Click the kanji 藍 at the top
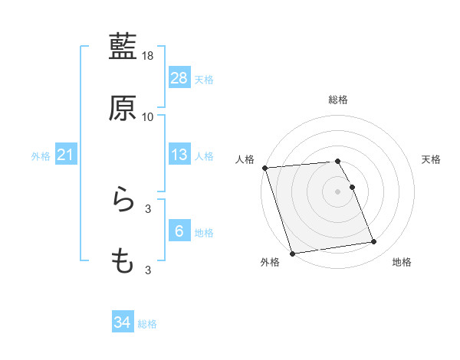[123, 47]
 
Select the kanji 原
[123, 109]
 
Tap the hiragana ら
[123, 200]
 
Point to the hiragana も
[123, 261]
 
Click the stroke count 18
[149, 56]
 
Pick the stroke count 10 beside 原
[148, 117]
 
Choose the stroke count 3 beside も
[148, 270]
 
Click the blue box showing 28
[179, 77]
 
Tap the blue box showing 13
[179, 155]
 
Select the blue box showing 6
[179, 231]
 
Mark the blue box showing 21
[66, 155]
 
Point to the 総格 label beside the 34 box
[147, 324]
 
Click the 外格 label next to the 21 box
[41, 156]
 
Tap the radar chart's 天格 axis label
[431, 159]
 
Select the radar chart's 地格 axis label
[402, 262]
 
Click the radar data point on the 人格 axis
[264, 168]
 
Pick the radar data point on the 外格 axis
[292, 253]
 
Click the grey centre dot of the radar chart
[338, 191]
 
